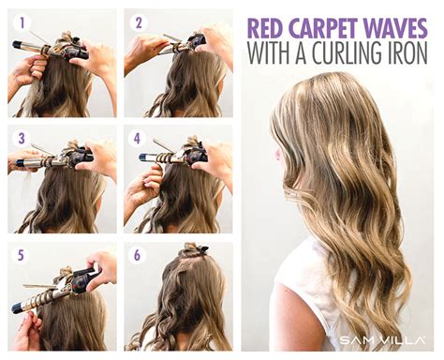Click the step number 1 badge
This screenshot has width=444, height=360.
tap(22, 22)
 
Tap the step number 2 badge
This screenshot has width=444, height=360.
tap(140, 22)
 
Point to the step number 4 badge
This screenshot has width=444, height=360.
tap(138, 138)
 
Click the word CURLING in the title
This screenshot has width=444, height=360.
tap(349, 53)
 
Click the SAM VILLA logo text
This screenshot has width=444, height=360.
tap(375, 338)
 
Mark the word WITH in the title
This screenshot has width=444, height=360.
tap(272, 53)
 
